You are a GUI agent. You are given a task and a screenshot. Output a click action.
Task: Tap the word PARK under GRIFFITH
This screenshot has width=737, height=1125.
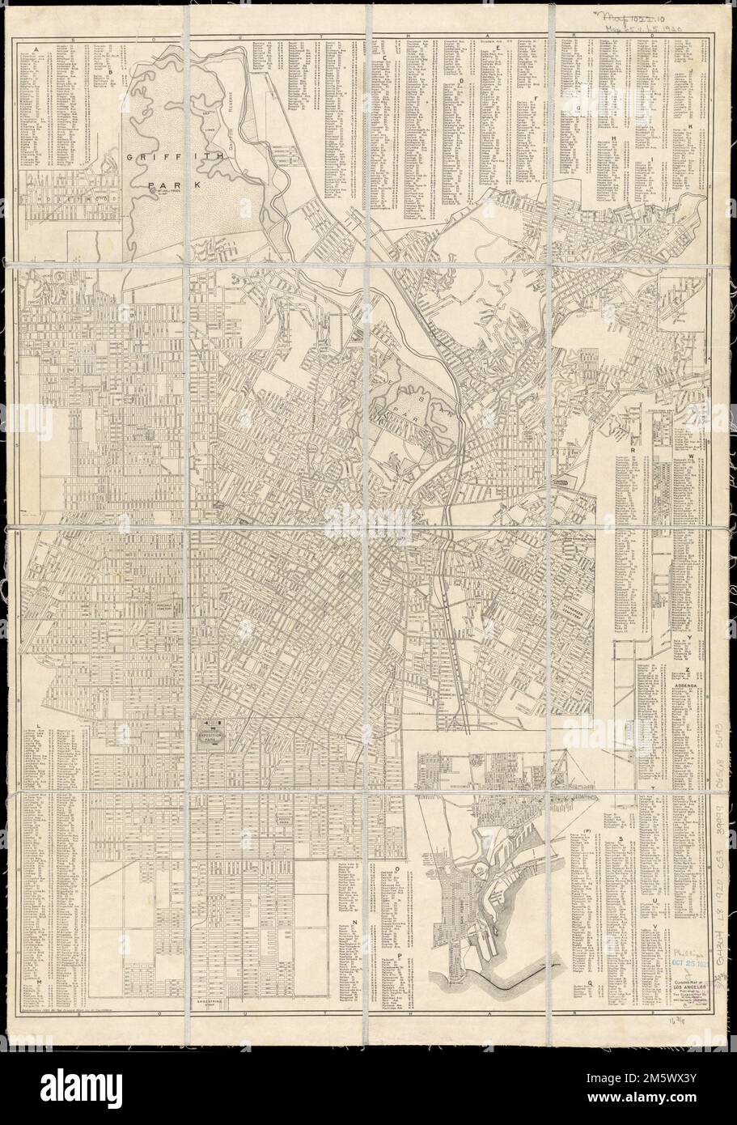coord(163,185)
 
